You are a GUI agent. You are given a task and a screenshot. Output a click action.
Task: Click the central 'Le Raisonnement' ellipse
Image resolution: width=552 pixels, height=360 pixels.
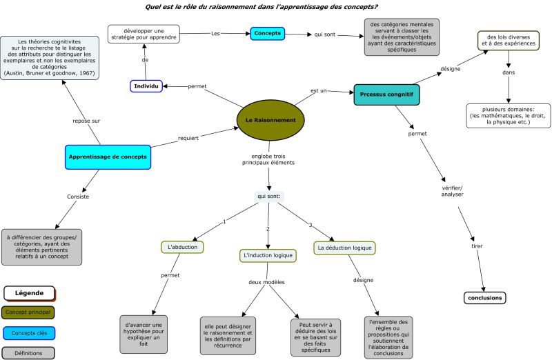(x=270, y=121)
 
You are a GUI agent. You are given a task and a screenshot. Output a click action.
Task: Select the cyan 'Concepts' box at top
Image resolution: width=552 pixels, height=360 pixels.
(x=267, y=33)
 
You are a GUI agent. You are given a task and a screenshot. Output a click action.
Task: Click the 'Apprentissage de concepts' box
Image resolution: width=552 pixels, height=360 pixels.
(x=108, y=157)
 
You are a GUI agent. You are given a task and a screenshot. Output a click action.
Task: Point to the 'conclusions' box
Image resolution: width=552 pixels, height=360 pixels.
(x=484, y=298)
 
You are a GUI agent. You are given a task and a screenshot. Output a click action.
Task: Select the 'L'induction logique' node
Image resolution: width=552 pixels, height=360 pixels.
(x=268, y=255)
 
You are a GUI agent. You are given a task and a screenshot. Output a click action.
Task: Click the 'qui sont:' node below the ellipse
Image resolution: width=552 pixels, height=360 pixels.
(x=269, y=197)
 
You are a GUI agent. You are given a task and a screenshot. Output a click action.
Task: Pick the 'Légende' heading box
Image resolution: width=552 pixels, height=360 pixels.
(x=29, y=292)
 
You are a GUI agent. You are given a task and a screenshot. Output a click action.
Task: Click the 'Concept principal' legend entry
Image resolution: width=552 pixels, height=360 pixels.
(x=28, y=312)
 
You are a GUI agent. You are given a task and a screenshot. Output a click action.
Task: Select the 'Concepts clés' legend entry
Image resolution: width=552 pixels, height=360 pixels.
(x=29, y=333)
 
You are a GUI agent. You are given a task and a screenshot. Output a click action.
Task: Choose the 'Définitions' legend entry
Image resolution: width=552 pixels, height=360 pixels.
(x=28, y=352)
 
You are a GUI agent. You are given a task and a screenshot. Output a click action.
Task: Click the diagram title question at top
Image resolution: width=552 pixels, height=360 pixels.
(x=271, y=6)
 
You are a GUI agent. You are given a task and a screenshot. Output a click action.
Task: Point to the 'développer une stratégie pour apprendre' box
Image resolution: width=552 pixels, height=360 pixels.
(x=144, y=34)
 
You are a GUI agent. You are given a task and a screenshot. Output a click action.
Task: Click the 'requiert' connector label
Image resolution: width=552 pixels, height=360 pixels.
(x=188, y=138)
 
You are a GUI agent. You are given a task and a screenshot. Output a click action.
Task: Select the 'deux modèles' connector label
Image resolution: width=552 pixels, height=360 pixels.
(x=267, y=282)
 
